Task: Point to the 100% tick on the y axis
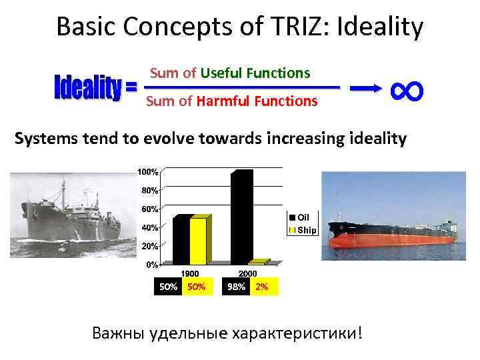coord(148,172)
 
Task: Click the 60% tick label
coord(149,209)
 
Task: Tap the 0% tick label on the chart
coord(151,265)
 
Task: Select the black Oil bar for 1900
coord(181,240)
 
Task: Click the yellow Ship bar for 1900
coord(199,241)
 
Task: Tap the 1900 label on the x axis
coord(191,273)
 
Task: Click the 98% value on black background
coord(236,287)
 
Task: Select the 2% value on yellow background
coord(261,287)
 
